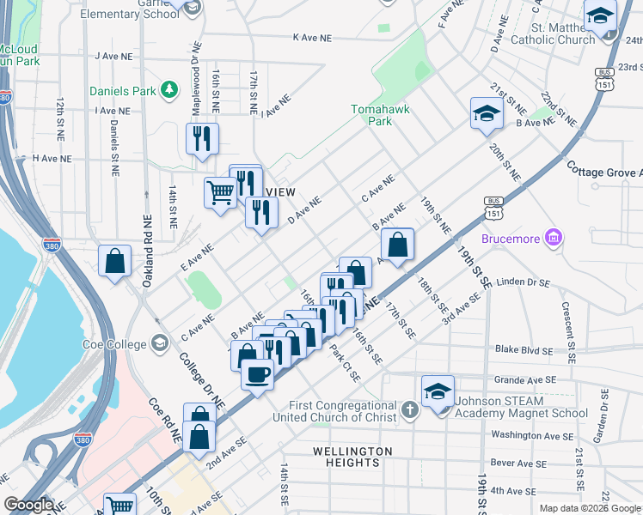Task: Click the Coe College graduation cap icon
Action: [159, 343]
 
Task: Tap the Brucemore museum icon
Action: [554, 237]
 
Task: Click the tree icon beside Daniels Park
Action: [170, 89]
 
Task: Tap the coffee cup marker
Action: [257, 374]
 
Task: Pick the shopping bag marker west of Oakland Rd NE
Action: [114, 261]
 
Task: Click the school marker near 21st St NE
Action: [487, 112]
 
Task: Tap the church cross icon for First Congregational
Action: [409, 408]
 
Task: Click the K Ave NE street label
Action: [311, 38]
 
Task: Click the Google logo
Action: [28, 505]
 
